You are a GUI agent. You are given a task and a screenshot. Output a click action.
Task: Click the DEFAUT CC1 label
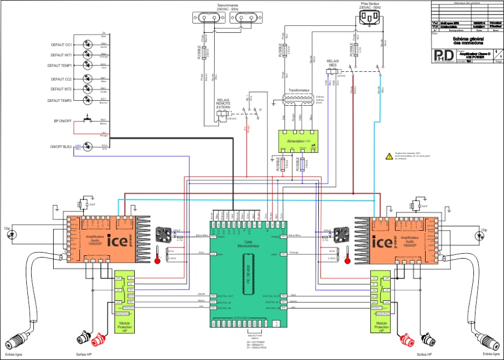[62, 45]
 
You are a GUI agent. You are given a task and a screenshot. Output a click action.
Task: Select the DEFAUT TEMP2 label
[60, 100]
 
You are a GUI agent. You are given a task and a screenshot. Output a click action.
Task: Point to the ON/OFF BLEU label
[61, 146]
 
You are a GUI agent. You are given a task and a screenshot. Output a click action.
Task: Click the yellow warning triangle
[389, 156]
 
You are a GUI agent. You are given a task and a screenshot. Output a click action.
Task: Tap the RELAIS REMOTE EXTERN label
[223, 104]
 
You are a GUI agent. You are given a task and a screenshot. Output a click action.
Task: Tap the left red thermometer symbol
[157, 254]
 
